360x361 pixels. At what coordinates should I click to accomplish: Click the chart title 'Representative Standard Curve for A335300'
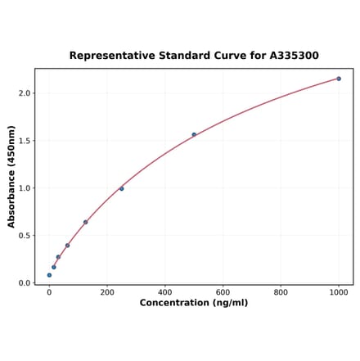194,56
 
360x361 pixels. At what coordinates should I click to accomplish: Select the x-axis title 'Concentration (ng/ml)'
194,303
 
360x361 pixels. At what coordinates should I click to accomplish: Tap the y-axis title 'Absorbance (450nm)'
11,176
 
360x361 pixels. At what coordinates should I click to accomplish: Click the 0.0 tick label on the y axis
25,283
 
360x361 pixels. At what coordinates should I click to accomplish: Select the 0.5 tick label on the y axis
25,236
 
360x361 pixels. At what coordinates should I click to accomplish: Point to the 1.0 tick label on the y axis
25,188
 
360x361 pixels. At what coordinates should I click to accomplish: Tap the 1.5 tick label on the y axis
25,141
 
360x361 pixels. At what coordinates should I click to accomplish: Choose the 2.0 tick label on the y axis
25,93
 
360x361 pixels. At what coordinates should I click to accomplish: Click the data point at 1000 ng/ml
339,79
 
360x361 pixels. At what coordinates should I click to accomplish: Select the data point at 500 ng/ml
194,134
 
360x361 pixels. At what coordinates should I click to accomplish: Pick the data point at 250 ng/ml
122,188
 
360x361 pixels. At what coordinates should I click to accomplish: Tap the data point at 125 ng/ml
85,222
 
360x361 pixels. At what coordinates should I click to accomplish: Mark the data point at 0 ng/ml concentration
49,275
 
